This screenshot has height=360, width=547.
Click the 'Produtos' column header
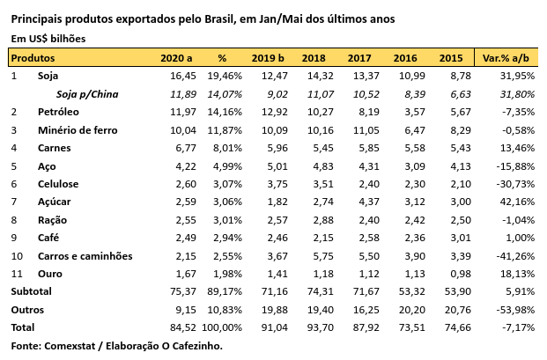[33, 57]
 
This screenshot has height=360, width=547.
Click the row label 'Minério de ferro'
[78, 129]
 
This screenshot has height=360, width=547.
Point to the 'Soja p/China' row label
[87, 93]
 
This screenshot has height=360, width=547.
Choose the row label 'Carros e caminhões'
[85, 255]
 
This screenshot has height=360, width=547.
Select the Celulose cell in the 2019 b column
[275, 183]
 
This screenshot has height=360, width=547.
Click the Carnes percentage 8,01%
[225, 147]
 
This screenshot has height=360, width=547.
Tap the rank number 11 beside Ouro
[17, 273]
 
